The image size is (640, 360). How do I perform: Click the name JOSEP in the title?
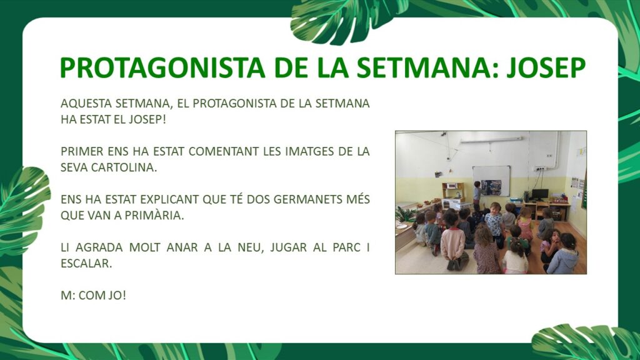point(546,67)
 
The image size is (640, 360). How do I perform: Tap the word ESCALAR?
point(86,263)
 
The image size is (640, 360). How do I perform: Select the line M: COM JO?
point(94,295)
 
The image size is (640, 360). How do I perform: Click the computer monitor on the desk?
point(540,194)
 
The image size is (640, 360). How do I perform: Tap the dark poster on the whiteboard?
point(491,187)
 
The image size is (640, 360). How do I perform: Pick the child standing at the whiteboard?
point(477,192)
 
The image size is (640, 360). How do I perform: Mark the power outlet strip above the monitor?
point(541,168)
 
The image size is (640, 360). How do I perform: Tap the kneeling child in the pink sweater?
point(453,243)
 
